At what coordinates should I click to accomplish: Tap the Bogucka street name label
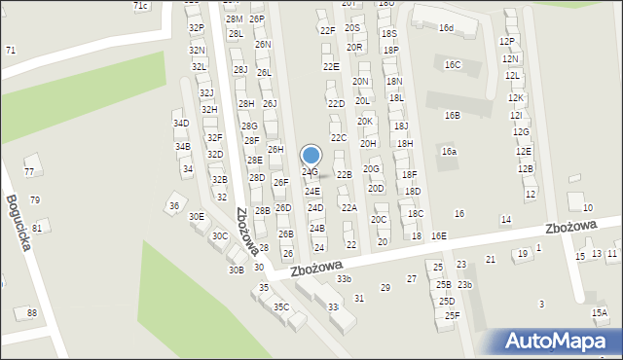coord(18,223)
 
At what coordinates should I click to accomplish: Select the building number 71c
coord(140,6)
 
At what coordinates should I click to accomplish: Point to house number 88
coord(32,312)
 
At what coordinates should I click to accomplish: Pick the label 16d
coord(446,28)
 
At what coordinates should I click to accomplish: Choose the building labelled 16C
coord(452,65)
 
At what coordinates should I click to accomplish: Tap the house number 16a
coord(449,152)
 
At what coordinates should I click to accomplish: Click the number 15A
coord(599,313)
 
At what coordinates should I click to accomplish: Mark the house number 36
coord(173,205)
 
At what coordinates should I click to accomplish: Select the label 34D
coord(181,124)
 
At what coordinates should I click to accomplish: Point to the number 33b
coord(344,279)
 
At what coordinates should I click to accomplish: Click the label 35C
coord(280,307)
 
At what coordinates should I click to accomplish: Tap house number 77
coord(29,171)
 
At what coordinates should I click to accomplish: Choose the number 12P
coord(506,42)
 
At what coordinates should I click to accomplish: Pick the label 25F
coord(452,315)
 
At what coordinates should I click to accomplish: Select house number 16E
coord(439,236)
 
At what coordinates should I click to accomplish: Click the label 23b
coord(465,284)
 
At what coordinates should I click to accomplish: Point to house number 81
coord(37,228)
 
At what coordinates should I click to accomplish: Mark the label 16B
coord(452,116)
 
